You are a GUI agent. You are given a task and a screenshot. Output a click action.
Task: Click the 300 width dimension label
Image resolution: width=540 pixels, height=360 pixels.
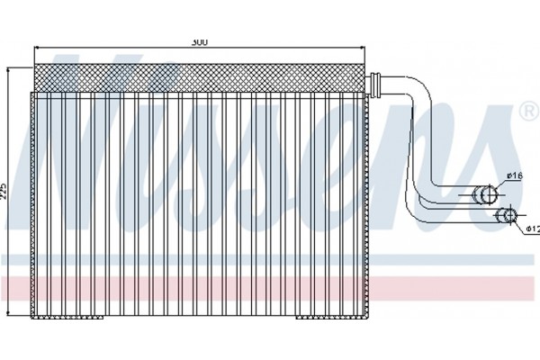pyautogui.click(x=198, y=41)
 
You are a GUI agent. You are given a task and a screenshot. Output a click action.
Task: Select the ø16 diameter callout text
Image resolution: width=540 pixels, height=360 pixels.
pyautogui.click(x=514, y=175)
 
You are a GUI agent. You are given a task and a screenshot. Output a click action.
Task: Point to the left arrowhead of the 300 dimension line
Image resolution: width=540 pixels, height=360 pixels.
pyautogui.click(x=34, y=48)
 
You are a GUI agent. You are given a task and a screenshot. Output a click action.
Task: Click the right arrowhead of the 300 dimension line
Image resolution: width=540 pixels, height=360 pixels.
pyautogui.click(x=365, y=48)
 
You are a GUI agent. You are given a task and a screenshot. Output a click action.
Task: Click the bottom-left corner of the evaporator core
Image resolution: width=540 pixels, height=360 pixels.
pyautogui.click(x=32, y=319)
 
